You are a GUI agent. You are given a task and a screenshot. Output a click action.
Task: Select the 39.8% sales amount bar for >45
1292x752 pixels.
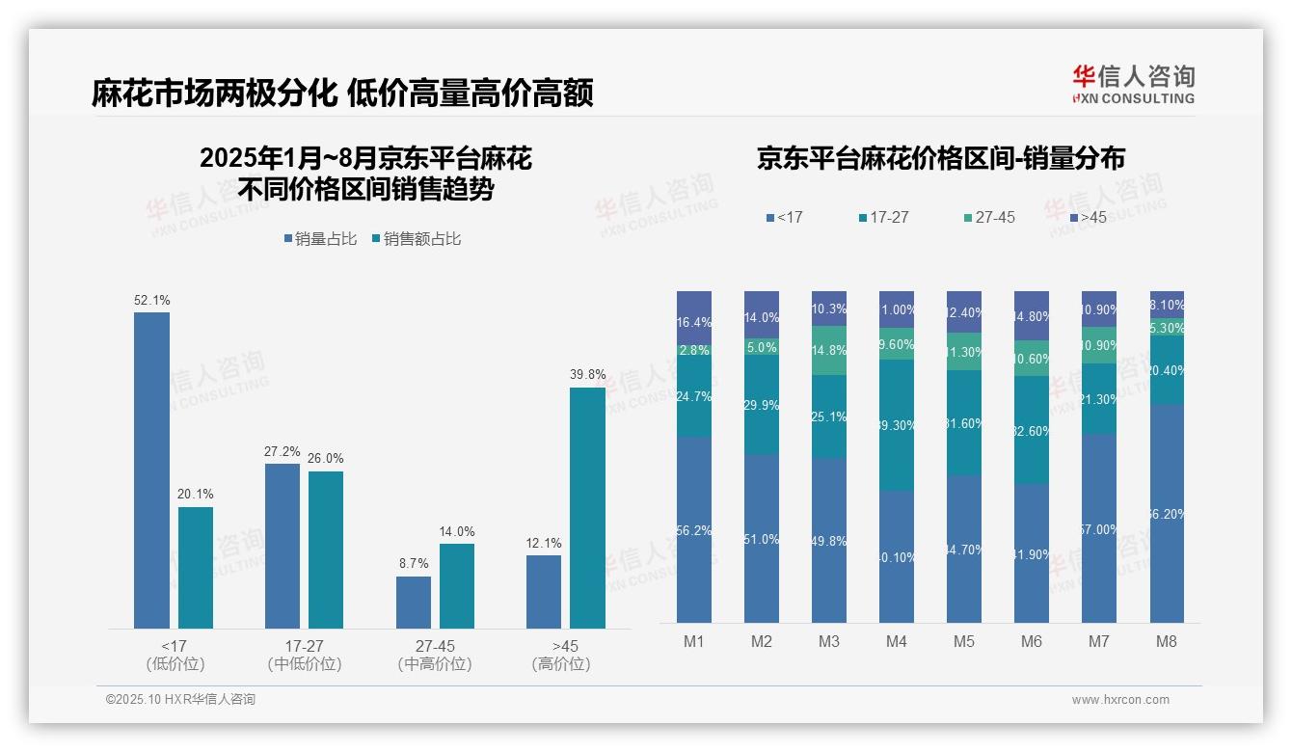587,508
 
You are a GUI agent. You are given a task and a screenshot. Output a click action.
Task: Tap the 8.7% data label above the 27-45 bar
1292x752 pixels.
413,563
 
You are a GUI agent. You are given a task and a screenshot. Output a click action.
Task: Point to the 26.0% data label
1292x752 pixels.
326,458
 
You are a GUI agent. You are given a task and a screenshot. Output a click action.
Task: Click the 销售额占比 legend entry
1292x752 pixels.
416,238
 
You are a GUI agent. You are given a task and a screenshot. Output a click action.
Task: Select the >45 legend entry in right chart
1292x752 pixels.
1088,217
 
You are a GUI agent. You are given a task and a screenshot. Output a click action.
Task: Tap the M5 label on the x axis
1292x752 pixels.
964,641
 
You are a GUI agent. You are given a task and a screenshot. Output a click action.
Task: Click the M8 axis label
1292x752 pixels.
1167,641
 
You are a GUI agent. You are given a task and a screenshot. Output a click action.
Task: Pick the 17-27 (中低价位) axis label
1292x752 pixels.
305,655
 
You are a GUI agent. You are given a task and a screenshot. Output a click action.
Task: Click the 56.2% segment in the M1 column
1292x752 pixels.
694,529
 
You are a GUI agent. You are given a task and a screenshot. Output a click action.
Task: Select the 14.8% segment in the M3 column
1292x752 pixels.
829,351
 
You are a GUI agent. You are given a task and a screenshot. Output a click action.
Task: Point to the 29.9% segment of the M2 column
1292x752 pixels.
762,405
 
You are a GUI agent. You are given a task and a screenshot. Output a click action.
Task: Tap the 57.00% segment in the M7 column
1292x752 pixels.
1099,528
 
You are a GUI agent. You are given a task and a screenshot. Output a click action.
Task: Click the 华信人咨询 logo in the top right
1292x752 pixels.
1133,84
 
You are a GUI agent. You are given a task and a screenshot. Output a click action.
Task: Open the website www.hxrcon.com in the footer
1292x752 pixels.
1119,700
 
